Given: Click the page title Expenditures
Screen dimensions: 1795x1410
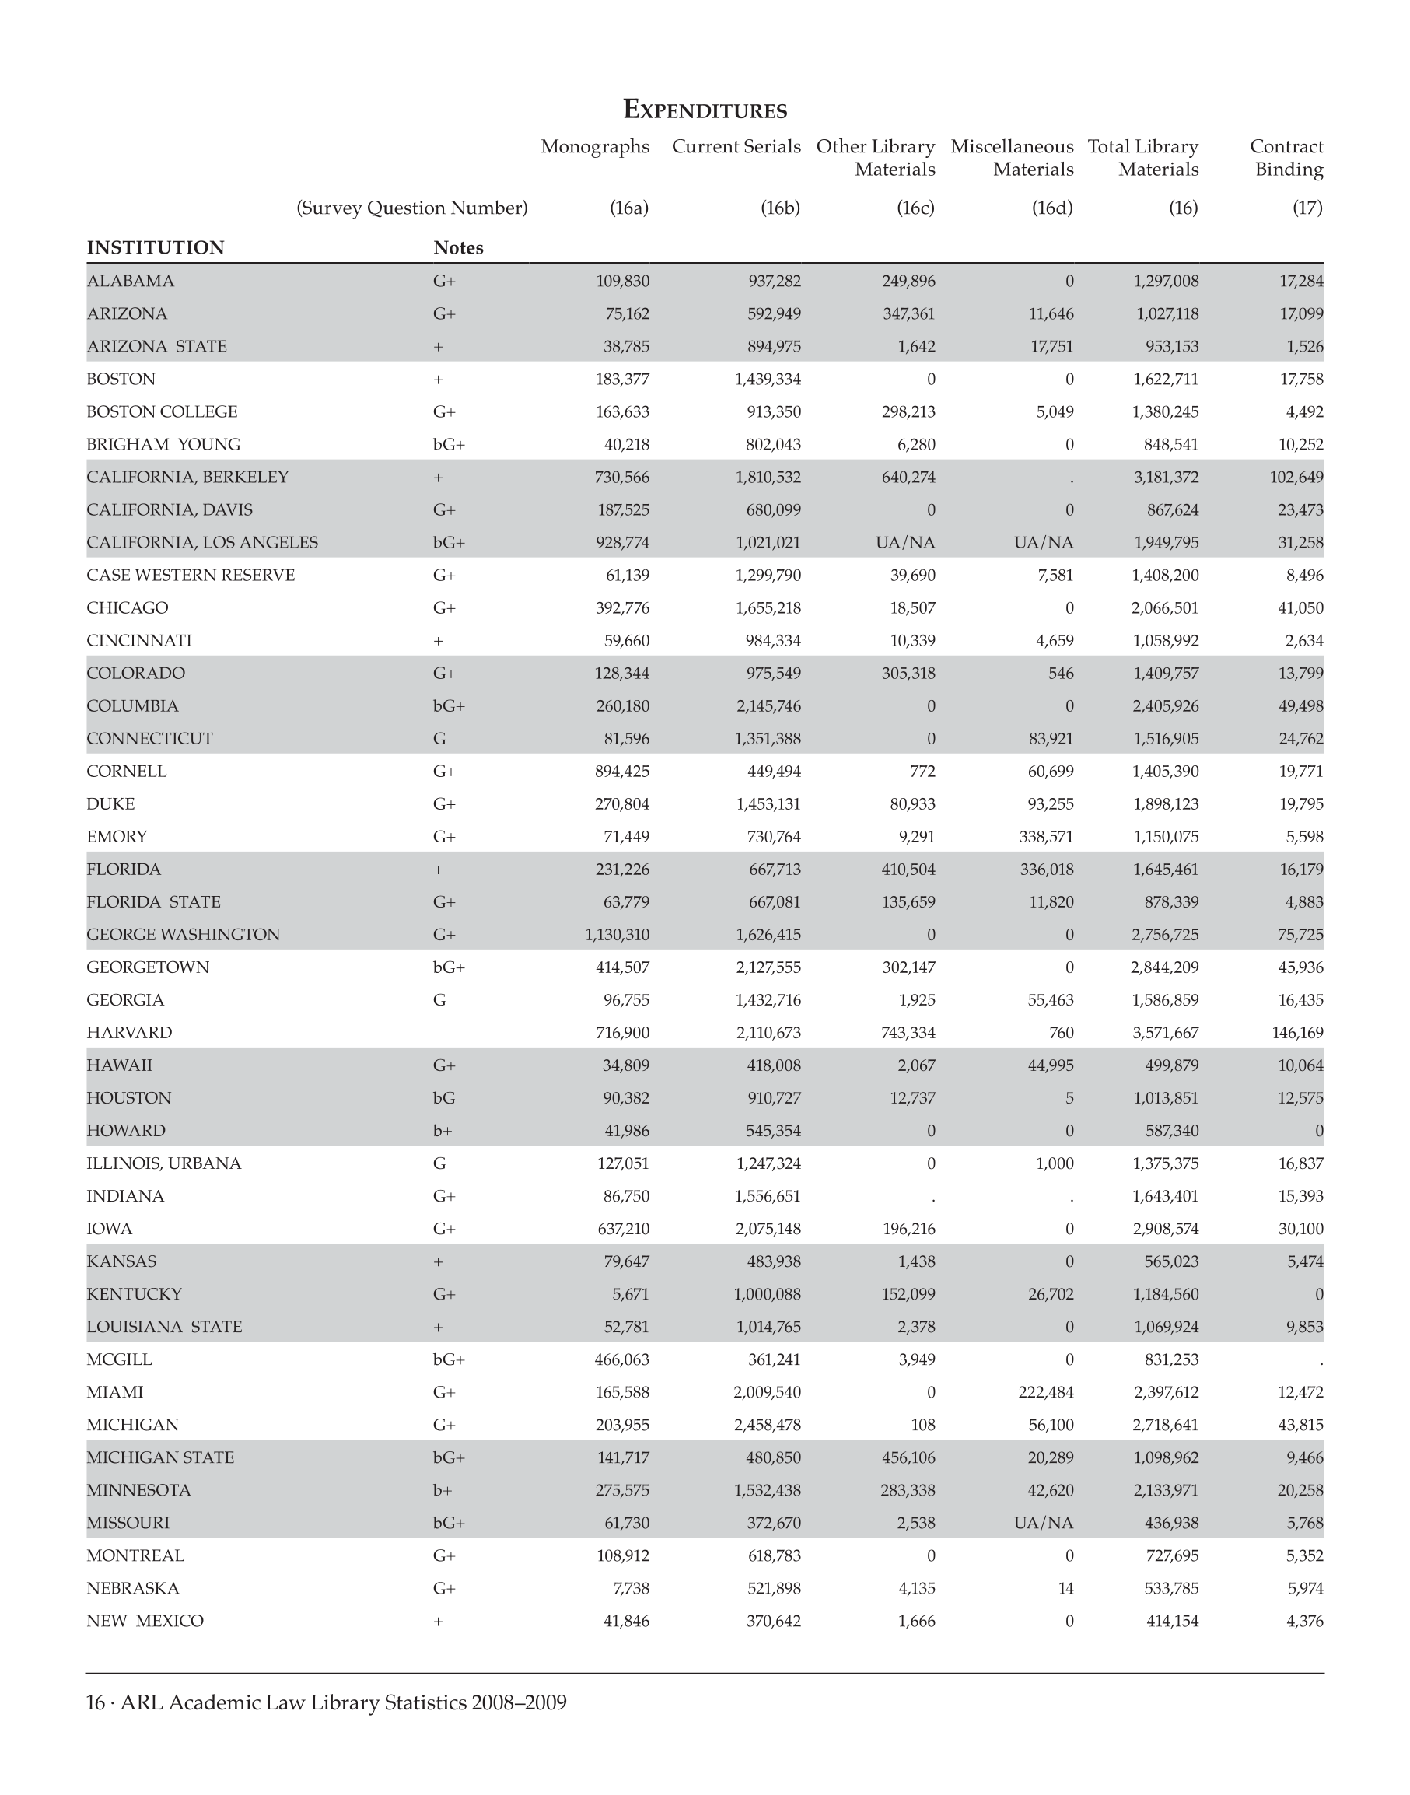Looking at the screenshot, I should pos(704,109).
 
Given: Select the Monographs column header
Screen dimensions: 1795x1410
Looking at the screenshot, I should pos(594,147).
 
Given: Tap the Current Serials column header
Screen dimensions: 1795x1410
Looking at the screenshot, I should pos(736,147).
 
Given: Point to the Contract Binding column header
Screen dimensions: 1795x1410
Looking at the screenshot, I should pos(1286,158).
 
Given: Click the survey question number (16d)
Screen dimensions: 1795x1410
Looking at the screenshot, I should pos(1051,208).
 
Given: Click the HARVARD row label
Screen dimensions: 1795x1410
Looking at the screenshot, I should pos(130,1033).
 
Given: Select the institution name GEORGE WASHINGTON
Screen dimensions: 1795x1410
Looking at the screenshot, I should pos(184,935).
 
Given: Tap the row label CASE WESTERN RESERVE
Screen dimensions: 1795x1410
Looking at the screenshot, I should pos(191,576).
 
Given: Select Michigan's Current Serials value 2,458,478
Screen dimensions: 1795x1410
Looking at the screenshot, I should pos(767,1425).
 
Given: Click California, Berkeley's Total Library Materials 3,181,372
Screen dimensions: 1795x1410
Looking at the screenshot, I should pos(1165,478).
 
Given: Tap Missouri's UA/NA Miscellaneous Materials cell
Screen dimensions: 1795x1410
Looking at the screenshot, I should pos(1044,1523).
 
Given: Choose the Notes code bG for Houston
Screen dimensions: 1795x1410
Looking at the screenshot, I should pos(444,1098).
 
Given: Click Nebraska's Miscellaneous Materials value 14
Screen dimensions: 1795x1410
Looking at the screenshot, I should pos(1065,1588).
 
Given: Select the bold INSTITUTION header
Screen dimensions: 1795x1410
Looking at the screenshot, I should pos(156,247).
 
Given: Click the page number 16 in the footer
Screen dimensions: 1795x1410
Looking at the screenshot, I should pos(96,1702).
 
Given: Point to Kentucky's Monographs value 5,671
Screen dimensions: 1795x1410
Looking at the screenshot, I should pos(630,1294).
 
